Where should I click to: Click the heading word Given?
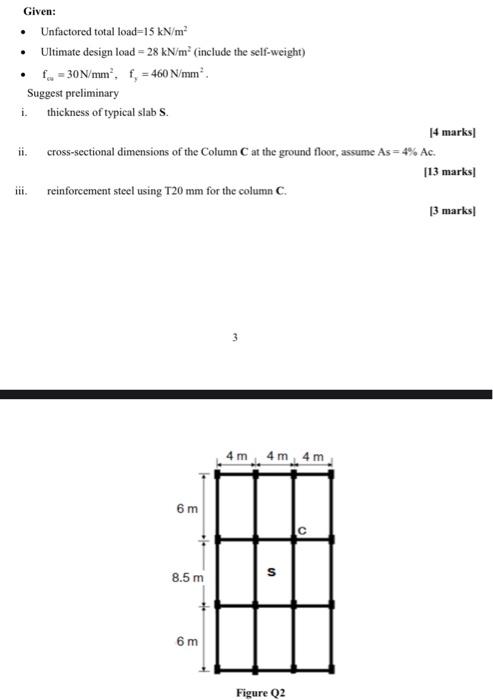pyautogui.click(x=40, y=11)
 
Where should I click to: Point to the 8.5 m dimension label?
pyautogui.click(x=187, y=577)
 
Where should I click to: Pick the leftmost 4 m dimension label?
pyautogui.click(x=237, y=456)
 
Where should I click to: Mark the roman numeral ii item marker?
pyautogui.click(x=21, y=152)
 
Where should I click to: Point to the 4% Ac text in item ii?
pyautogui.click(x=420, y=152)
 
